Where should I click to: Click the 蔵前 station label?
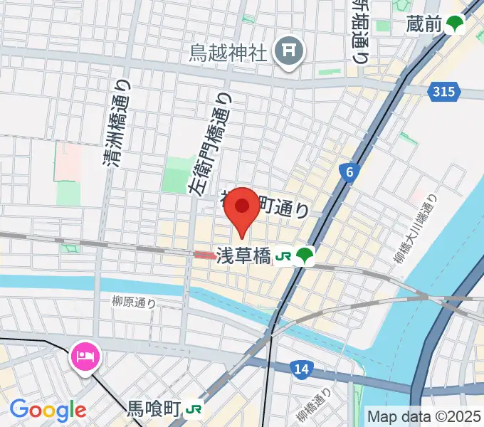(x=424, y=25)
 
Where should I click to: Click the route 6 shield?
(x=347, y=172)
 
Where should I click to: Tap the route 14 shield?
(x=302, y=368)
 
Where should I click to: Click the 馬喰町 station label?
(x=154, y=409)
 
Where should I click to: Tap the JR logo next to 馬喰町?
(x=194, y=409)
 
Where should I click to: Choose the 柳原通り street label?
(x=134, y=302)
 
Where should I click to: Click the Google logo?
(x=48, y=410)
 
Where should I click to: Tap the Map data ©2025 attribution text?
(x=424, y=416)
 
